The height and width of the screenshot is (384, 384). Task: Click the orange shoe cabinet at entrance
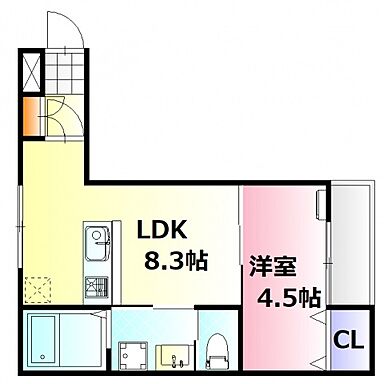(31, 112)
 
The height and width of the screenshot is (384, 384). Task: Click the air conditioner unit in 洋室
(319, 205)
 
